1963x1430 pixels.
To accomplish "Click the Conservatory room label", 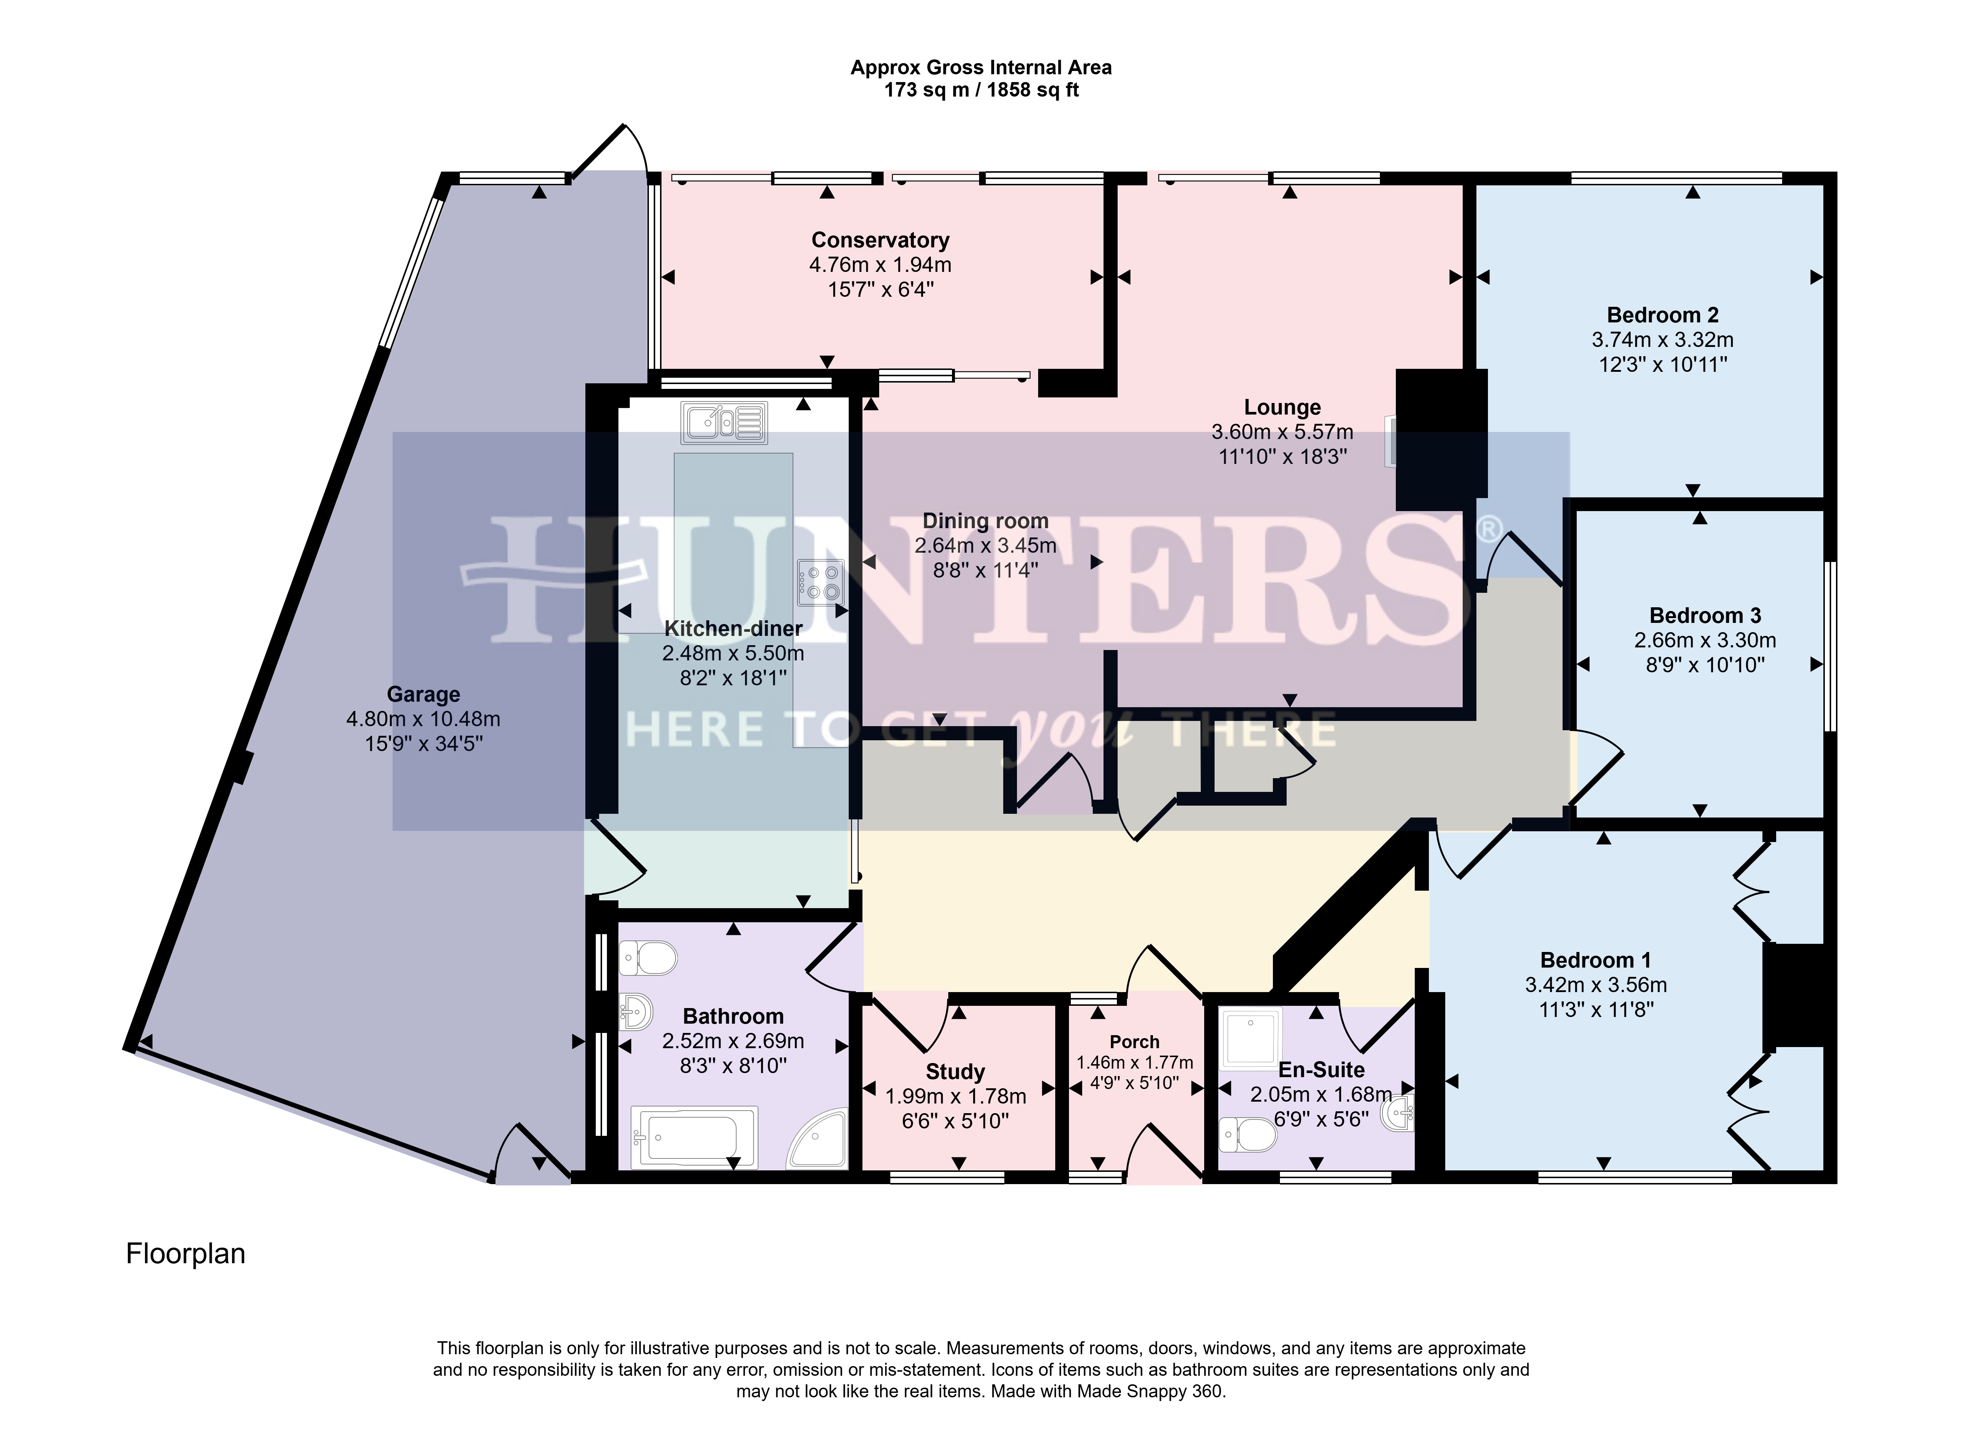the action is [x=880, y=240].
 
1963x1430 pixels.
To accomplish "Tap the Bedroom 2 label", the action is [x=1663, y=315].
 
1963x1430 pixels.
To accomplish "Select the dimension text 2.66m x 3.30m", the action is [x=1705, y=641].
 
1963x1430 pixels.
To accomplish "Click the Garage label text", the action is [x=423, y=694].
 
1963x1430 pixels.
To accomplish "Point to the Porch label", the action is [x=1135, y=1042].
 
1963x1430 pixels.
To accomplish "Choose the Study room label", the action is [x=956, y=1072].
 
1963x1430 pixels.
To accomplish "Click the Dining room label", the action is [x=986, y=521].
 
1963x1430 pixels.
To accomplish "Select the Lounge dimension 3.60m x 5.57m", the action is [x=1283, y=432].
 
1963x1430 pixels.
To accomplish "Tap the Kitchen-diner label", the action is [x=733, y=628].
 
